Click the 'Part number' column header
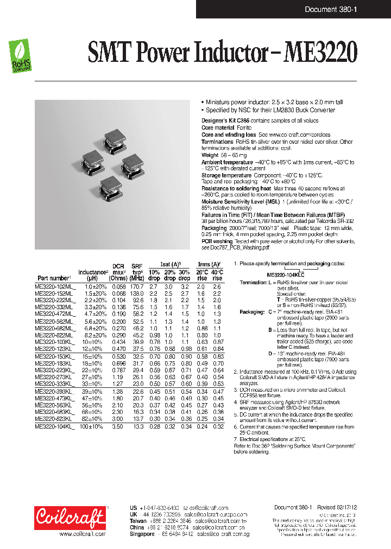pos(54,278)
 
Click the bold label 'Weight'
pos(210,155)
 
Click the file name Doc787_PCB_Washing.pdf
pos(235,247)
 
